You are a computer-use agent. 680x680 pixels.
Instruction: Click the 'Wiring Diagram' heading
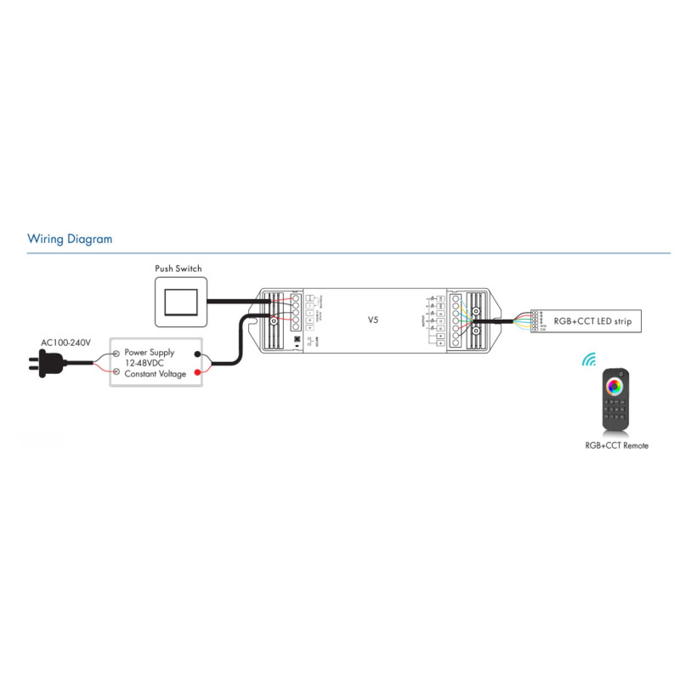(70, 239)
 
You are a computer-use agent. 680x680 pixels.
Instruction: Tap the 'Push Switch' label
(178, 269)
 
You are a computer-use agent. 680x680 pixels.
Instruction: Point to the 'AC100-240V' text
(65, 343)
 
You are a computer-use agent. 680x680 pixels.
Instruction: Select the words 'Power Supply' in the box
(150, 351)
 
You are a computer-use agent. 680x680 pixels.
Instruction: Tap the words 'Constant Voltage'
(156, 373)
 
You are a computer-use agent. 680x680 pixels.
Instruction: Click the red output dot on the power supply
(198, 371)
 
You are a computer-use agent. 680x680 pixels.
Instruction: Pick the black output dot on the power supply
(198, 354)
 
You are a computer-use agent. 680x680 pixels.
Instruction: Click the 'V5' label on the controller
(372, 320)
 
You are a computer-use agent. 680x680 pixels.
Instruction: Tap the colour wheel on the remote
(614, 385)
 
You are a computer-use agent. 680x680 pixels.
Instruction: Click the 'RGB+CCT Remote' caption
(616, 445)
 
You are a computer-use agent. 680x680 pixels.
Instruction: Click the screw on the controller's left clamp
(274, 320)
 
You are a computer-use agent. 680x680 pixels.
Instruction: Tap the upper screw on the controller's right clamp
(475, 312)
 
